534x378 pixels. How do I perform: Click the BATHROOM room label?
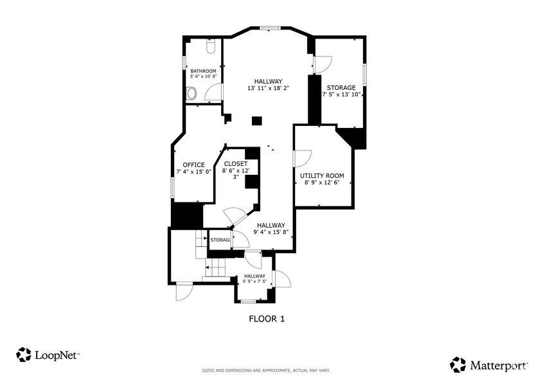click(203, 71)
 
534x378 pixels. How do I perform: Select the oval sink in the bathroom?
click(191, 94)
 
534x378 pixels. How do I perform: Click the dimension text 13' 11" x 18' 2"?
click(268, 88)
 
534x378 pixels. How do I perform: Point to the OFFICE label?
click(193, 165)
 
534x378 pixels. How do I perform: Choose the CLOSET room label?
click(235, 164)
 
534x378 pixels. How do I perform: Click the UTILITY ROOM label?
click(322, 175)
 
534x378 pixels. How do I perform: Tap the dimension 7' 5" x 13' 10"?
click(341, 94)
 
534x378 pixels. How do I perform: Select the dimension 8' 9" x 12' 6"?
click(322, 183)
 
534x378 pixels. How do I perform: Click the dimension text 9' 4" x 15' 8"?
click(271, 232)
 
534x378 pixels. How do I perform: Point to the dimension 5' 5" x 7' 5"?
click(254, 282)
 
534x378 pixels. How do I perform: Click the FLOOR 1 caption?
click(266, 318)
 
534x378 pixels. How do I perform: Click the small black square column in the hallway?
click(257, 120)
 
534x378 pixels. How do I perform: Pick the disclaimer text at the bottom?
click(266, 370)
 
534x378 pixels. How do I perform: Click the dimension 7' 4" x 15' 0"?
click(193, 172)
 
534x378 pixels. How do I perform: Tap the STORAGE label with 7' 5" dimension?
click(341, 87)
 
